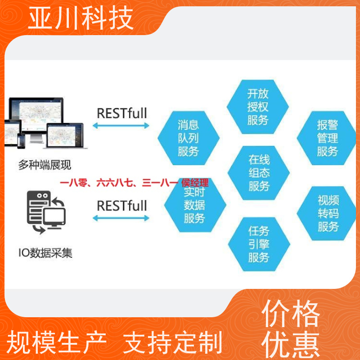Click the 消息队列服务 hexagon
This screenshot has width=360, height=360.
pos(189,138)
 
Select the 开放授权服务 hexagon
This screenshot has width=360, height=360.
pos(257,107)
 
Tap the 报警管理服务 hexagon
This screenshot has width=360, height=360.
pos(327,138)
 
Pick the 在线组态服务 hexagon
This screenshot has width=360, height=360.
pos(258,173)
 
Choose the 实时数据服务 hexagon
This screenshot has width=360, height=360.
pos(195,205)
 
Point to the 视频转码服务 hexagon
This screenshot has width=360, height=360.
pos(327,213)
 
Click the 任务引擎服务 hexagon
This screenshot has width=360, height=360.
pos(259,244)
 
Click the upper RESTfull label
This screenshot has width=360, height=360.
pos(122,113)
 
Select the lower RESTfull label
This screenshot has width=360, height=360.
pos(122,206)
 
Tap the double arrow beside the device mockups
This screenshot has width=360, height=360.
pos(121,126)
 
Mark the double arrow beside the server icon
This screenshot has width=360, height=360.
pos(121,218)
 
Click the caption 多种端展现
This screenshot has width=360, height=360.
pos(45,165)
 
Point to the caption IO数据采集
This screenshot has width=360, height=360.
pos(45,253)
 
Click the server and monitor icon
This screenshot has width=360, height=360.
pos(46,212)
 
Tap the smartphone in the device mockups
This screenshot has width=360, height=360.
pos(21,141)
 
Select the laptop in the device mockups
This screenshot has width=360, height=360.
pos(65,136)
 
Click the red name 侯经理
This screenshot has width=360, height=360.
pos(195,183)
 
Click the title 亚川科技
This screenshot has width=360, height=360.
pos(81,18)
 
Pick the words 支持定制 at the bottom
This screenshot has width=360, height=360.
pos(173,342)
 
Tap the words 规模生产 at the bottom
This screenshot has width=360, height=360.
pos(57,342)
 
